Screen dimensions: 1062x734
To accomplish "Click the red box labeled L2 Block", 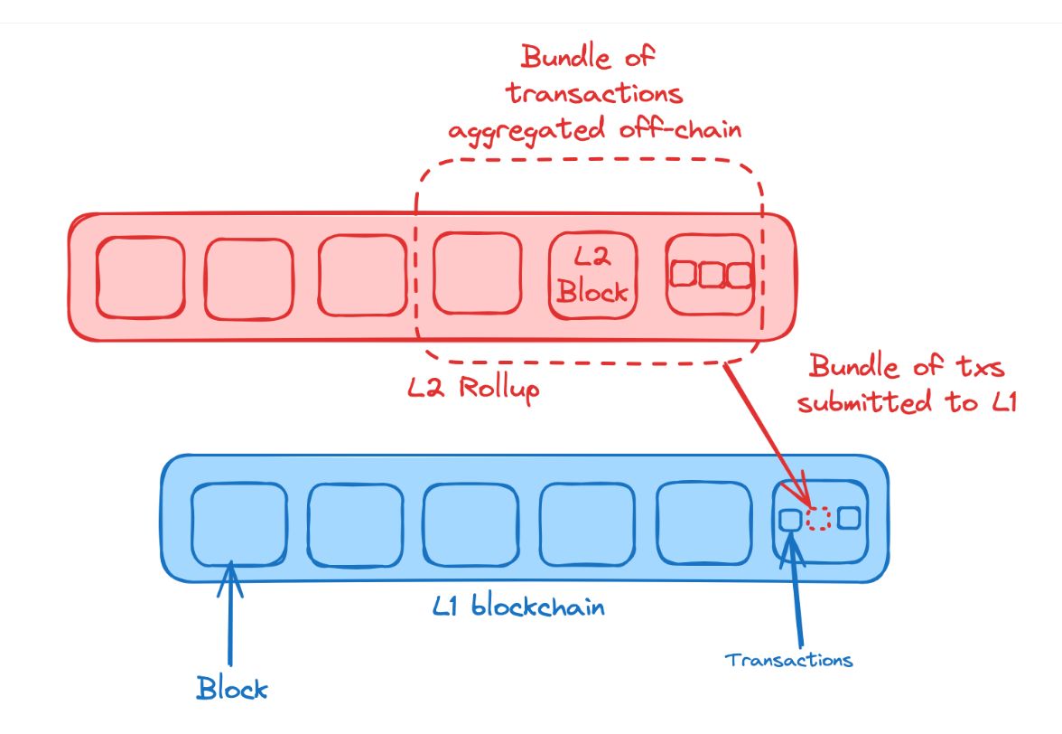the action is (592, 275).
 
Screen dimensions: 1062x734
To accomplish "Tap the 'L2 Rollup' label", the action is (473, 389).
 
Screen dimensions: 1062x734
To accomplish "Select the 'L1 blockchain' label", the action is (518, 605).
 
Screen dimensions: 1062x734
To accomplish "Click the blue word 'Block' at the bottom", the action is (232, 689).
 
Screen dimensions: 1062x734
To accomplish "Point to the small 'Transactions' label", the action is (788, 660).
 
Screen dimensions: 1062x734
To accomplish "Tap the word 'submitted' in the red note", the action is (864, 402).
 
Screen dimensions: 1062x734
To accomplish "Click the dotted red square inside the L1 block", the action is (819, 519).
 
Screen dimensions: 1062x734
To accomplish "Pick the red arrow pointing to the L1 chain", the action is (767, 435).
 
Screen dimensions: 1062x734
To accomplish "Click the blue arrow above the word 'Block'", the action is (230, 614).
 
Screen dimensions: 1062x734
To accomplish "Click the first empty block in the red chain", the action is (140, 278).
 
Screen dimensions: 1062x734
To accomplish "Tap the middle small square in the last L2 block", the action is (712, 275).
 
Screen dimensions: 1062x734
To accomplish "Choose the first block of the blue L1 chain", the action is (239, 524).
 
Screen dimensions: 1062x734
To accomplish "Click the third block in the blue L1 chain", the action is (471, 524).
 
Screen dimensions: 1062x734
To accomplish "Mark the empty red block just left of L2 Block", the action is (478, 273).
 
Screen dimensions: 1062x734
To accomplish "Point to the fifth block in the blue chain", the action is (704, 522).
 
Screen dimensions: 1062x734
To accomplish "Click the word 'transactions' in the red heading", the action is (594, 93).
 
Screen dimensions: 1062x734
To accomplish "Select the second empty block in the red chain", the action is (249, 278).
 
